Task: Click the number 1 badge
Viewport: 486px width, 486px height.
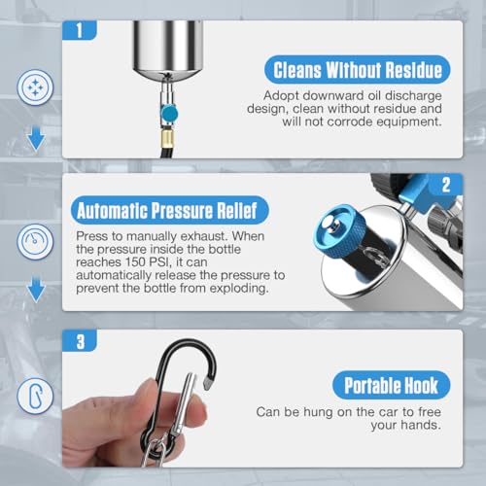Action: (x=80, y=30)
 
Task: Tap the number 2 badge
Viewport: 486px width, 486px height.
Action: (x=446, y=185)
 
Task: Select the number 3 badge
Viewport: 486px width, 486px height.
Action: (x=80, y=341)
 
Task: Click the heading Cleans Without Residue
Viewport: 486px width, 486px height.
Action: (x=358, y=70)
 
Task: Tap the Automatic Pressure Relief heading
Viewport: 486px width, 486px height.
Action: (x=169, y=210)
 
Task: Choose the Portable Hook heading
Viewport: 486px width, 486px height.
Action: (x=392, y=385)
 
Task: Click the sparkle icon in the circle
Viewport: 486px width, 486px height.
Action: (x=35, y=87)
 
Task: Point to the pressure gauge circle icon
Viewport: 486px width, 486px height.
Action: (x=35, y=242)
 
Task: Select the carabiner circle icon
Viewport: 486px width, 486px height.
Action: (x=35, y=396)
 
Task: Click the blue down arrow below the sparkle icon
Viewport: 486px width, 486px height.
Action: (x=36, y=138)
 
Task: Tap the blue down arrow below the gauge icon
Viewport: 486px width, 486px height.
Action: (x=36, y=290)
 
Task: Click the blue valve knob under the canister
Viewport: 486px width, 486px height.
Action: (x=169, y=114)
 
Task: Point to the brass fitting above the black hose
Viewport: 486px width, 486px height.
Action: (x=167, y=139)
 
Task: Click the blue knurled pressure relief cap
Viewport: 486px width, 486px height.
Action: (x=339, y=232)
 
